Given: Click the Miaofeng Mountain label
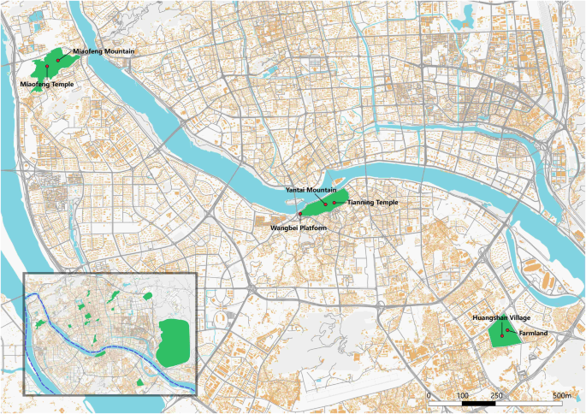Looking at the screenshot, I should (104, 52).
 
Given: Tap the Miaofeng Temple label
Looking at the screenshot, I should (46, 85).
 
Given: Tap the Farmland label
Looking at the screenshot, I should (533, 333).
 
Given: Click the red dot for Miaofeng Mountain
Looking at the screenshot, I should (58, 61).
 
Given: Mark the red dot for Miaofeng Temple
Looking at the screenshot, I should (47, 67).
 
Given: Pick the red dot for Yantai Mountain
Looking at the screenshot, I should (325, 204).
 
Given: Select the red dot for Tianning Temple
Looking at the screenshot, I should (334, 202).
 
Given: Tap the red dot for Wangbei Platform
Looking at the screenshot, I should (300, 213).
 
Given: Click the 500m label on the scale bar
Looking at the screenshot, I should (561, 396).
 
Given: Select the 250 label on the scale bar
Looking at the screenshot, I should (497, 396).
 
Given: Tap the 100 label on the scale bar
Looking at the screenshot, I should (462, 396).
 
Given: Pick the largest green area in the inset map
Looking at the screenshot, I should (177, 336).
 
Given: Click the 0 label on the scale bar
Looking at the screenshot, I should (428, 396).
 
